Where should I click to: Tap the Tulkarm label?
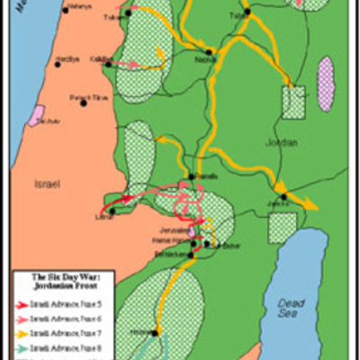113,16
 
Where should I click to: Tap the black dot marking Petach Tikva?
84,103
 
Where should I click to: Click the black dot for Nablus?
211,52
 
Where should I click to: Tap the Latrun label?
103,217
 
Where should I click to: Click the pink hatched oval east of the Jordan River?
326,83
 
